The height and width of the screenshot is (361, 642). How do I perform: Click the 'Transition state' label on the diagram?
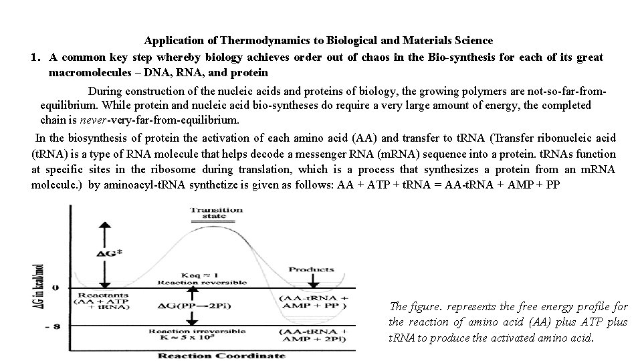[x=217, y=213]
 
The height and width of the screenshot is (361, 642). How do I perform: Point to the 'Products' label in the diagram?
[x=311, y=269]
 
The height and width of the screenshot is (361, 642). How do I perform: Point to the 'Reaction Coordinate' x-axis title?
[x=205, y=354]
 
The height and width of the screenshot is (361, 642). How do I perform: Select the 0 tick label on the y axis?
[x=56, y=287]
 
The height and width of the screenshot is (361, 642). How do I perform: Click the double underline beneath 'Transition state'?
[x=217, y=219]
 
